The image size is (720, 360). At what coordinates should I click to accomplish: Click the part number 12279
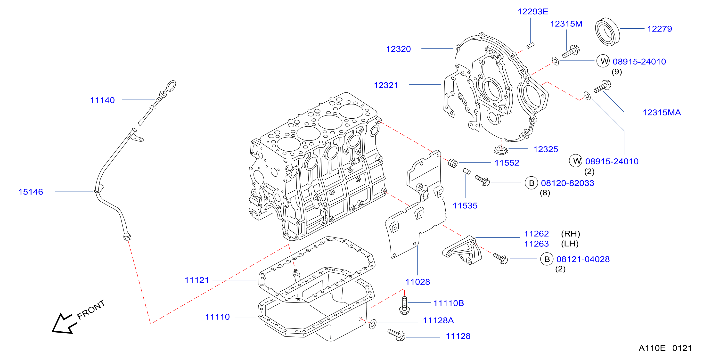[659, 29]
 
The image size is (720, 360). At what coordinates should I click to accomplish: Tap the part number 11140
[102, 100]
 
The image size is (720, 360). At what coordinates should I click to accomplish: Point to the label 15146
[31, 192]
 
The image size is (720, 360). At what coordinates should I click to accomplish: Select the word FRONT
[91, 310]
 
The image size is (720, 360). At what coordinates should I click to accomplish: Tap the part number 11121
[197, 280]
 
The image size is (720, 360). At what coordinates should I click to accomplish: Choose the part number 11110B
[448, 303]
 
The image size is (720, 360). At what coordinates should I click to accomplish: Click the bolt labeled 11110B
[404, 305]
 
